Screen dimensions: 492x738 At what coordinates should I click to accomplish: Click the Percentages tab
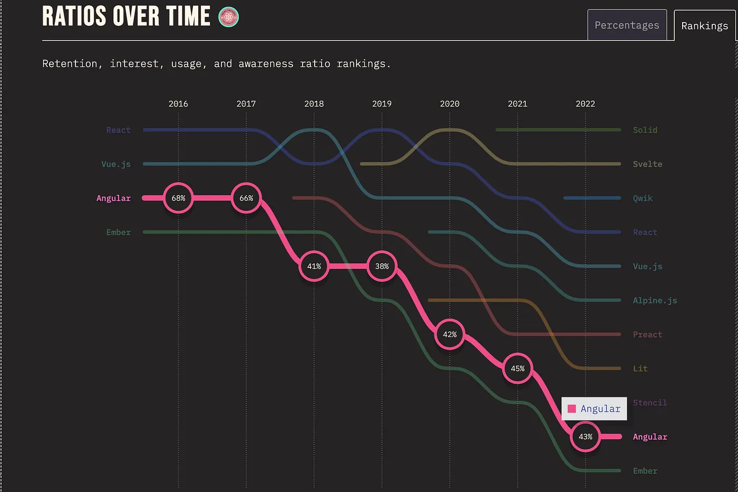[627, 25]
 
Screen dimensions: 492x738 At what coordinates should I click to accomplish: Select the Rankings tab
[704, 26]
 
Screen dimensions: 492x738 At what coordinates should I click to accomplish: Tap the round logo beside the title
[228, 17]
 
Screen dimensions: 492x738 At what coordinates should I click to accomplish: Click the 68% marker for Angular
[178, 198]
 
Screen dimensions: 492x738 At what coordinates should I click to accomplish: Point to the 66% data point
[246, 198]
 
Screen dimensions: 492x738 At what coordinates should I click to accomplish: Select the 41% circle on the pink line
[314, 266]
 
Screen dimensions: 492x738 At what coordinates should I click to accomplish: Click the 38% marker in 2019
[382, 266]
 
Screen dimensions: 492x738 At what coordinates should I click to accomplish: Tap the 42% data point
[450, 334]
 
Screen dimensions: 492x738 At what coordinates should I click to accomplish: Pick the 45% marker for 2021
[518, 369]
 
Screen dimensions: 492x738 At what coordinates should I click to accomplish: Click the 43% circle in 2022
[585, 437]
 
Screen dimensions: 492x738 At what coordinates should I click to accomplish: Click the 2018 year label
[314, 104]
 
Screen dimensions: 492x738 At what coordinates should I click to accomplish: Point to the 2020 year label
[450, 104]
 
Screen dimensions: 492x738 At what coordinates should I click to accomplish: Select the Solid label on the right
[645, 130]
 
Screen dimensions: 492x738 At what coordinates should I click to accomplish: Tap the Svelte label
[647, 164]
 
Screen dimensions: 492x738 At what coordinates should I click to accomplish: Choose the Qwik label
[643, 198]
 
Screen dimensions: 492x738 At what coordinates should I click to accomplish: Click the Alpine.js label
[655, 301]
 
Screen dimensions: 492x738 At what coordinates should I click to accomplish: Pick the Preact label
[647, 334]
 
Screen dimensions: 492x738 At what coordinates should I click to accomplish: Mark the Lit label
[640, 369]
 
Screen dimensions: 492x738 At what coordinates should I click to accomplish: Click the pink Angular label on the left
[113, 198]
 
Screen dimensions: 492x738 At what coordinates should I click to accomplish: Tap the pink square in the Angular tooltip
[571, 409]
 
